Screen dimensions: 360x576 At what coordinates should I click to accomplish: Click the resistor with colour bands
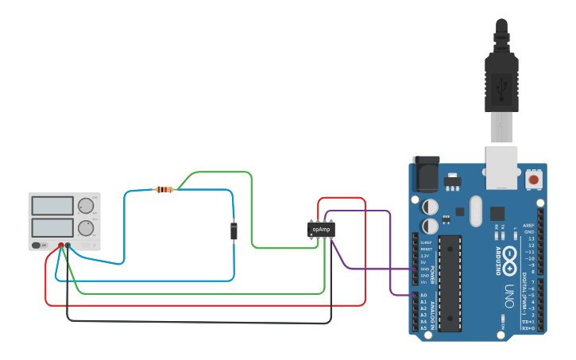click(x=164, y=189)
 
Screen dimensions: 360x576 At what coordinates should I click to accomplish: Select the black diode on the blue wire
click(x=234, y=231)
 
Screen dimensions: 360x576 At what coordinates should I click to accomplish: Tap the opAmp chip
click(x=321, y=229)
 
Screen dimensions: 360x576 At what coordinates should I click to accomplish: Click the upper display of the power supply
click(x=52, y=206)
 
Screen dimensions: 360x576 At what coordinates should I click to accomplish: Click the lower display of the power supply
click(x=52, y=228)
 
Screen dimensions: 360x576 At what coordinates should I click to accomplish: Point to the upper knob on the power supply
click(x=85, y=205)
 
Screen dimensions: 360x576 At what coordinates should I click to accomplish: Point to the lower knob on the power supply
click(x=85, y=228)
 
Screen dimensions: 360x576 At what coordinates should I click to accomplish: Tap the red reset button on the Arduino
click(x=534, y=180)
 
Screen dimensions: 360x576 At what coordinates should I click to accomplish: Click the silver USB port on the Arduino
click(x=501, y=168)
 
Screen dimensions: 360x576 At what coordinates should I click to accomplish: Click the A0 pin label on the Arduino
click(x=423, y=295)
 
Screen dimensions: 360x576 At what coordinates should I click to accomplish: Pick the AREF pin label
click(x=528, y=226)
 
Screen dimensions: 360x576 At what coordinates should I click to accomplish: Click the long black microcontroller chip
click(x=450, y=282)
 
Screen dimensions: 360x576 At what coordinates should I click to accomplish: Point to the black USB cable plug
click(x=501, y=80)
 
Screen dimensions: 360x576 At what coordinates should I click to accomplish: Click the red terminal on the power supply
click(x=60, y=245)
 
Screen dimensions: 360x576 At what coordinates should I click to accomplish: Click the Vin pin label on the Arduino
click(x=423, y=282)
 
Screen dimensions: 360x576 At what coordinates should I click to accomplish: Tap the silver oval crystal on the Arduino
click(x=476, y=211)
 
